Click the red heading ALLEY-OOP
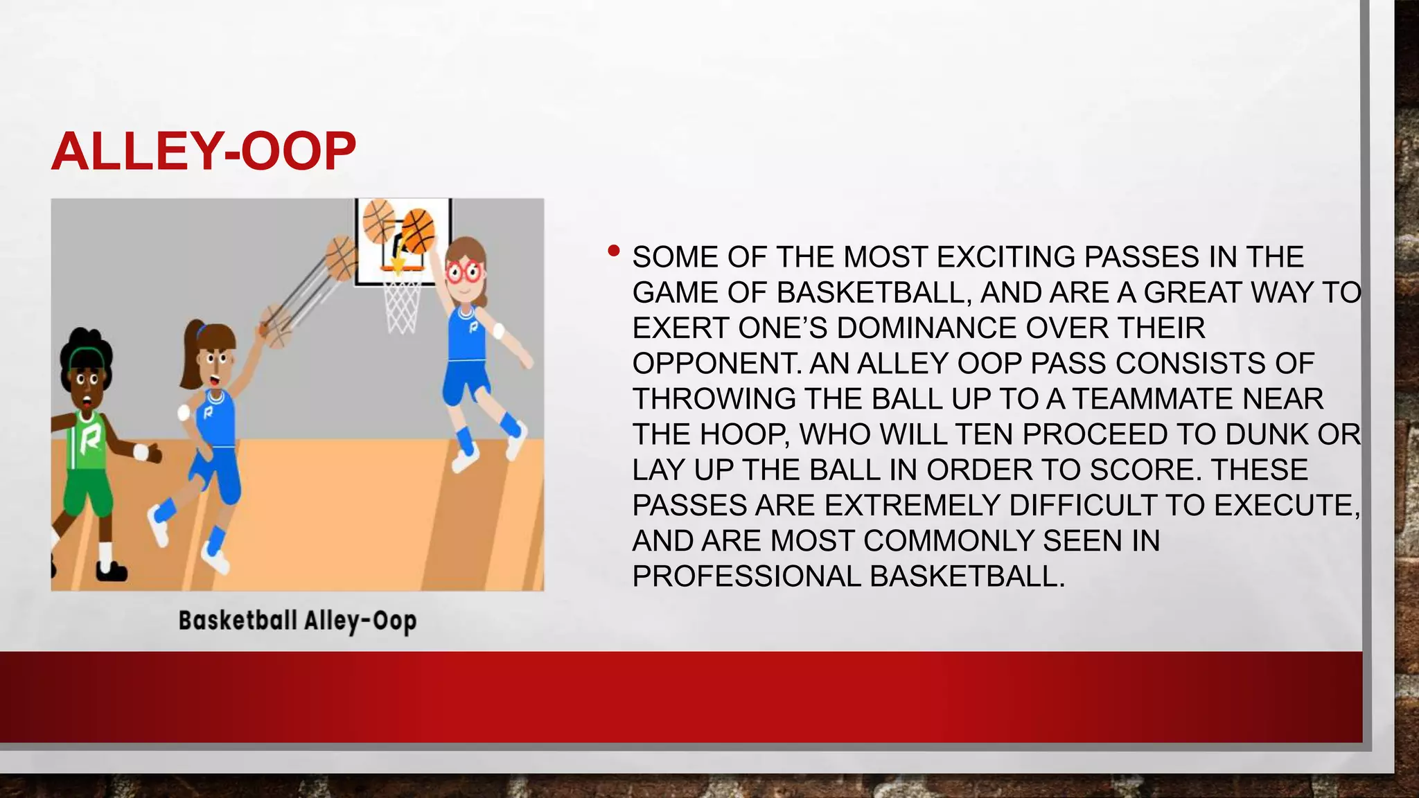(204, 152)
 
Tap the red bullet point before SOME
(613, 251)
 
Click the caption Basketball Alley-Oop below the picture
(298, 621)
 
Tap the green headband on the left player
(87, 357)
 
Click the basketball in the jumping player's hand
(418, 231)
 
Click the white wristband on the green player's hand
(141, 452)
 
